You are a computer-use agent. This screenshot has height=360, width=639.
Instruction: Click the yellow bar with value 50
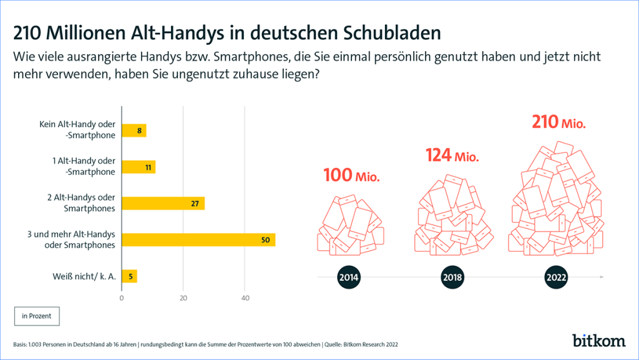[x=198, y=240]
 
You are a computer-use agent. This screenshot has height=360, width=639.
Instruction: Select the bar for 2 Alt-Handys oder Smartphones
[x=163, y=203]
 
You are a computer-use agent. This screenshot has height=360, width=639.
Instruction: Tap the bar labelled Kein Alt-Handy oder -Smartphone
[x=134, y=131]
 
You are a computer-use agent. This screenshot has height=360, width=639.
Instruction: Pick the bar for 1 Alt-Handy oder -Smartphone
[x=139, y=167]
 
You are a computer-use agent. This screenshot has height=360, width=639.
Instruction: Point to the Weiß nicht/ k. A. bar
[x=129, y=276]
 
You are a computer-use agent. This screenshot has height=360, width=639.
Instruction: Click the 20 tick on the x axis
[x=183, y=298]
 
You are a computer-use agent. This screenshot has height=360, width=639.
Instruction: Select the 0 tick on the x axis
[x=122, y=298]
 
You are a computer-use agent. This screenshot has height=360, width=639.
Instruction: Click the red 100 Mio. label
[x=351, y=176]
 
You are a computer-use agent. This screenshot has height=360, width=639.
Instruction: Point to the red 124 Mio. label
[x=452, y=156]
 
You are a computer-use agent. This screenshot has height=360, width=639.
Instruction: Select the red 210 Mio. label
[x=559, y=122]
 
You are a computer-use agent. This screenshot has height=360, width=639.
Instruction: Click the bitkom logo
[x=599, y=340]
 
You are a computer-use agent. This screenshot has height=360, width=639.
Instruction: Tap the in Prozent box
[x=37, y=316]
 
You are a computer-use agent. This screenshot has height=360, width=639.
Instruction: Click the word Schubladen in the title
[x=388, y=32]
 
